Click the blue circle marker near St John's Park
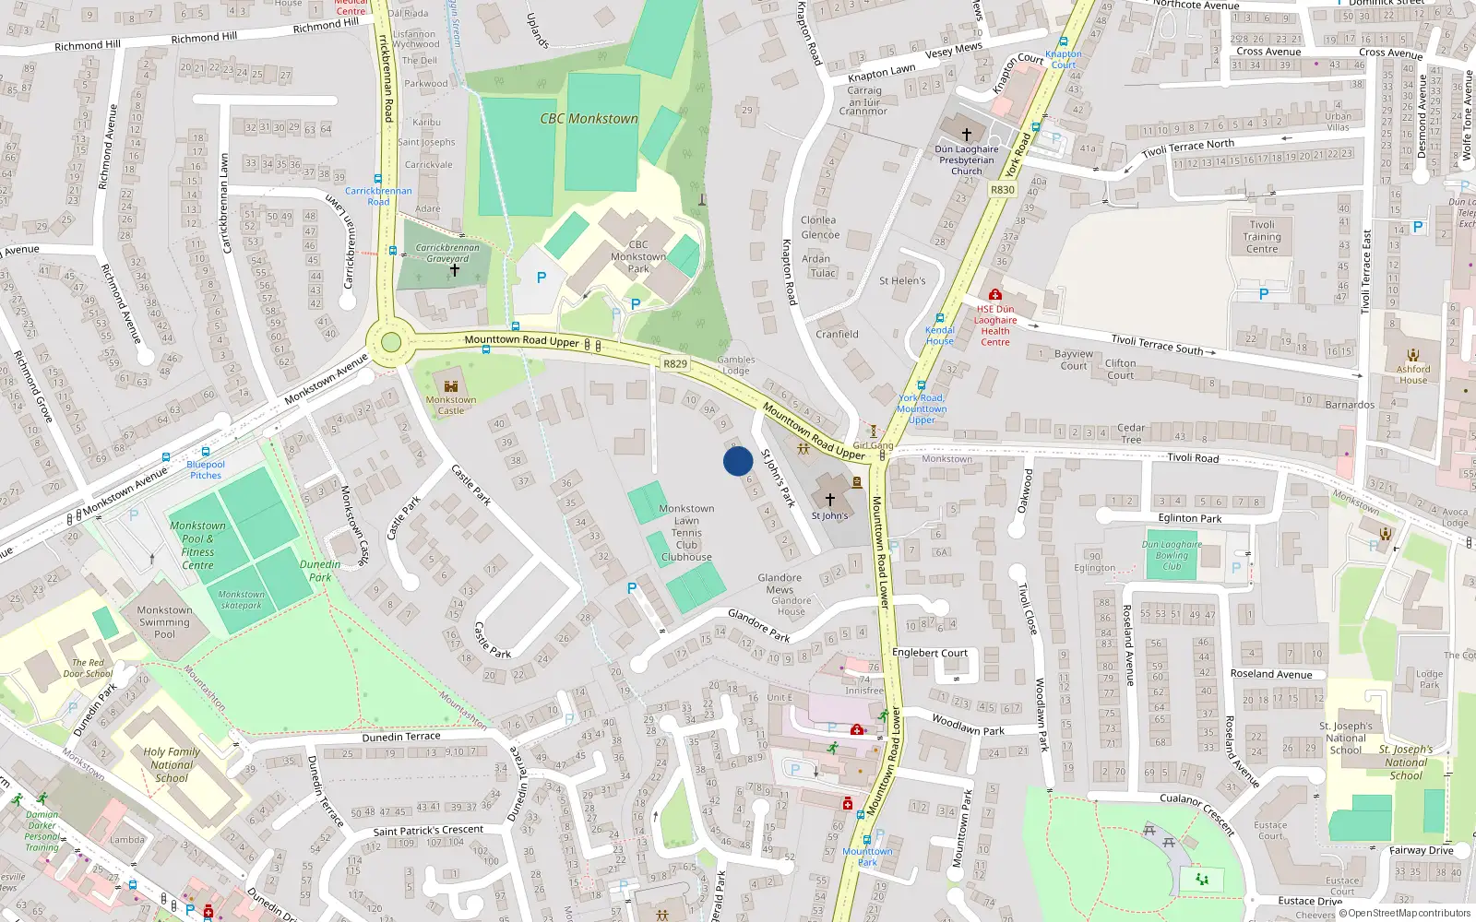pyautogui.click(x=738, y=461)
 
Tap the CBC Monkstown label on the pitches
pyautogui.click(x=589, y=119)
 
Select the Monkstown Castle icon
pyautogui.click(x=451, y=386)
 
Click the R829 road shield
pyautogui.click(x=675, y=364)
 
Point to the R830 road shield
pyautogui.click(x=1002, y=190)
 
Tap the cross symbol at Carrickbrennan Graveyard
pyautogui.click(x=454, y=270)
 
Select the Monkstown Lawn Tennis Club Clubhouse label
pyautogui.click(x=686, y=533)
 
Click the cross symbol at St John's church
pyautogui.click(x=829, y=499)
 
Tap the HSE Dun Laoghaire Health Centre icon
pyautogui.click(x=994, y=295)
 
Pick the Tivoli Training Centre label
pyautogui.click(x=1262, y=237)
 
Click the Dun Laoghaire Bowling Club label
pyautogui.click(x=1172, y=555)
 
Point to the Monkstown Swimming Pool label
pyautogui.click(x=164, y=622)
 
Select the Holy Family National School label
pyautogui.click(x=172, y=764)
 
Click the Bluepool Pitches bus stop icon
pyautogui.click(x=166, y=456)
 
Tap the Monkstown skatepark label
pyautogui.click(x=241, y=600)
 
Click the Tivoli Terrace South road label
pyautogui.click(x=1157, y=344)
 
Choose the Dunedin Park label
pyautogui.click(x=320, y=571)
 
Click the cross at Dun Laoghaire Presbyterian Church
pyautogui.click(x=967, y=134)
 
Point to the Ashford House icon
pyautogui.click(x=1413, y=355)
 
